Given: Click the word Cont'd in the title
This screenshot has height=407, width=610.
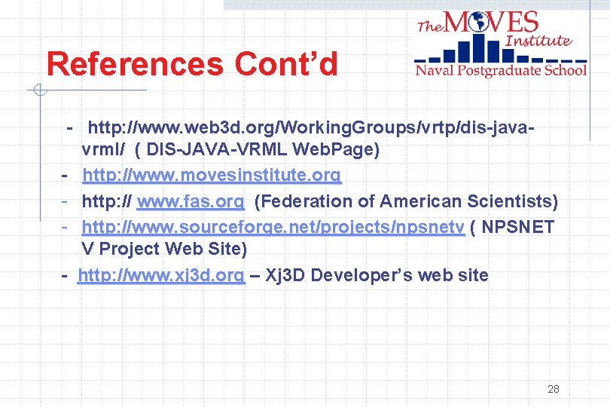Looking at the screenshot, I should click(287, 65).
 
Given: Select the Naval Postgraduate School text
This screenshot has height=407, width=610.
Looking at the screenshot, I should click(501, 70).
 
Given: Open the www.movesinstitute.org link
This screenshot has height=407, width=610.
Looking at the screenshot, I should click(212, 176).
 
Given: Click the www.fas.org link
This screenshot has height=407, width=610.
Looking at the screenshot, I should click(191, 202).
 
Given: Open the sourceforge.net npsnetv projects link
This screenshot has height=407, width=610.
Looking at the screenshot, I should click(273, 227).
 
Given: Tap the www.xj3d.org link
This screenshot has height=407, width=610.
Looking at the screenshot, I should click(161, 276).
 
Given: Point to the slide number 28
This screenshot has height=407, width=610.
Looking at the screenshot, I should click(554, 390).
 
